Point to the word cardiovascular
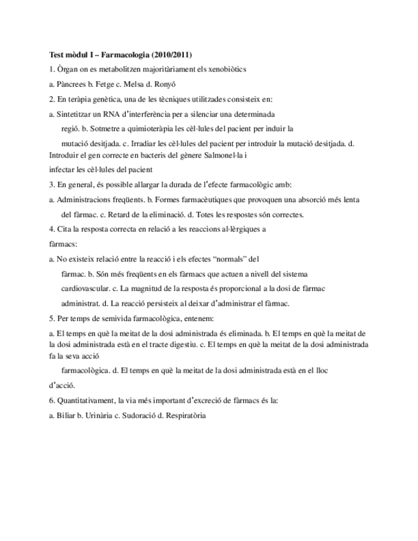point(84,288)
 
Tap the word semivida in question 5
point(110,317)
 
